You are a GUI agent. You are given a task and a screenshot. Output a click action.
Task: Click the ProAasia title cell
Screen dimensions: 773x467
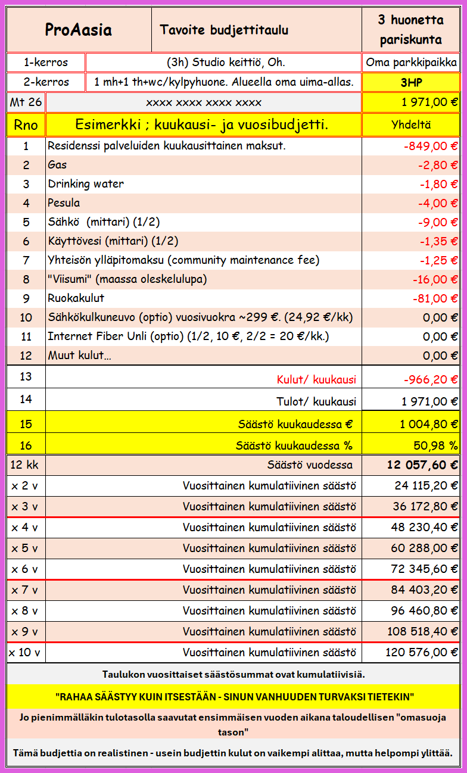click(x=79, y=30)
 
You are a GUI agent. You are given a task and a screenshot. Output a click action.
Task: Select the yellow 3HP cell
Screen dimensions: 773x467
click(x=411, y=82)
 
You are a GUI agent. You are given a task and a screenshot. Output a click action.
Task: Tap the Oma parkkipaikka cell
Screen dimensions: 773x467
click(x=411, y=63)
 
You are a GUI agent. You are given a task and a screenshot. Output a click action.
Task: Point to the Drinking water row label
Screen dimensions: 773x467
click(x=86, y=183)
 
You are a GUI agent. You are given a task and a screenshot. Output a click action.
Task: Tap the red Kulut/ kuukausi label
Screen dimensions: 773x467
click(x=316, y=379)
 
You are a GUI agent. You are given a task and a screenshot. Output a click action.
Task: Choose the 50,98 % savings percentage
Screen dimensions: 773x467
click(x=435, y=445)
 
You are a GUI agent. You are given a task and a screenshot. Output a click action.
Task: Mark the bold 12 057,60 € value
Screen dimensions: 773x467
click(x=422, y=465)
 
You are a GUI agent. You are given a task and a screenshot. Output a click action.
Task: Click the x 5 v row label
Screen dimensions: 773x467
click(x=24, y=547)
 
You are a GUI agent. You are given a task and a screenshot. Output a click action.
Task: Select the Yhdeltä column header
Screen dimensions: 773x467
click(x=411, y=124)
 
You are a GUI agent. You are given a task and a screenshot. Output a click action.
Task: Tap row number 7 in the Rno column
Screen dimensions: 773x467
click(x=26, y=260)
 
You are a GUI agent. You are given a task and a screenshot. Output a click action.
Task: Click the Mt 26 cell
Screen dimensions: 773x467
click(x=26, y=102)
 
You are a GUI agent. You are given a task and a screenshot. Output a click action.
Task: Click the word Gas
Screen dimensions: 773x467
click(x=57, y=165)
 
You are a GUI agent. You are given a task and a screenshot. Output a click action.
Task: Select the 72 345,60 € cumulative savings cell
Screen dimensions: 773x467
click(x=424, y=569)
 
